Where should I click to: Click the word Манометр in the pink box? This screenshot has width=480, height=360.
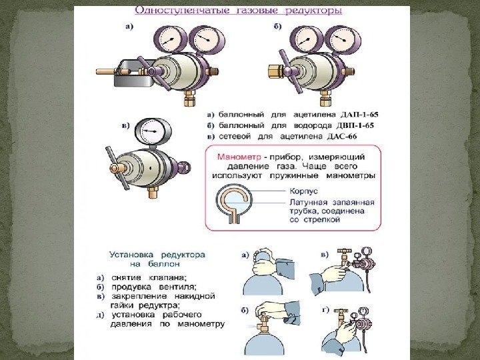[x=239, y=157]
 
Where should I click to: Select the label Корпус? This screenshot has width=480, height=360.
[x=303, y=191]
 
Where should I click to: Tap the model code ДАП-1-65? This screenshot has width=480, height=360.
[x=359, y=115]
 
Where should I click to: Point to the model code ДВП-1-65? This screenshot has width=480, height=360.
[x=355, y=125]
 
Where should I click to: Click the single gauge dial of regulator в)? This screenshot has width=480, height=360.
[x=149, y=131]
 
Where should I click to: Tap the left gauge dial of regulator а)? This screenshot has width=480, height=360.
[x=167, y=40]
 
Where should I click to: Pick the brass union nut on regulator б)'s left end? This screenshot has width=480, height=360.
[x=275, y=71]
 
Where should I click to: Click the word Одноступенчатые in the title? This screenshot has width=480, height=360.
[x=182, y=11]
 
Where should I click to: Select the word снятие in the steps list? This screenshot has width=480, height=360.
[x=127, y=278]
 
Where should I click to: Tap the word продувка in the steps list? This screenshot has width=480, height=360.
[x=131, y=287]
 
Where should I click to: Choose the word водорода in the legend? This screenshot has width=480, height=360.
[x=313, y=125]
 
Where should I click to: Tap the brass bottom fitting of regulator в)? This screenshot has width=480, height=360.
[x=153, y=191]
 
